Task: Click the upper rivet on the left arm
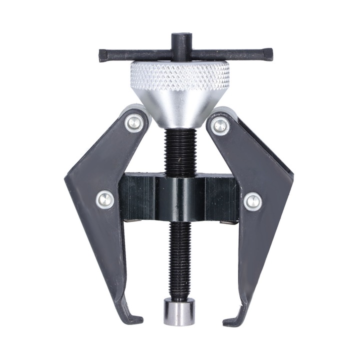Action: coord(133,122)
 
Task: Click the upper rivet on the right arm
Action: coord(220,125)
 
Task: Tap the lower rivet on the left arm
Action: coord(105,199)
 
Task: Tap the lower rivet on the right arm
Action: coord(252,201)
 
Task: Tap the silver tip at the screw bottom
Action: coord(179,312)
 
